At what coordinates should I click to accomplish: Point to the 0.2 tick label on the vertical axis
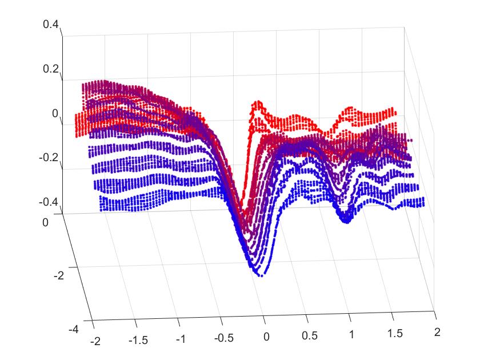click(51, 69)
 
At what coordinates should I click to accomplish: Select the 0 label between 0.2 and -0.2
click(55, 113)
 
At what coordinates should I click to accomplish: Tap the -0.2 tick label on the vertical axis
click(49, 157)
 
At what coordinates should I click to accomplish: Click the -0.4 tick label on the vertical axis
click(49, 202)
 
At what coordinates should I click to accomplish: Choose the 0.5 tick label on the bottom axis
click(308, 335)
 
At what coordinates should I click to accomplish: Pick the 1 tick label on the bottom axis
click(351, 333)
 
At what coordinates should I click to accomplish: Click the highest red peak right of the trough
click(259, 103)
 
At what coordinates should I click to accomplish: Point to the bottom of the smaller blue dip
click(345, 221)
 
